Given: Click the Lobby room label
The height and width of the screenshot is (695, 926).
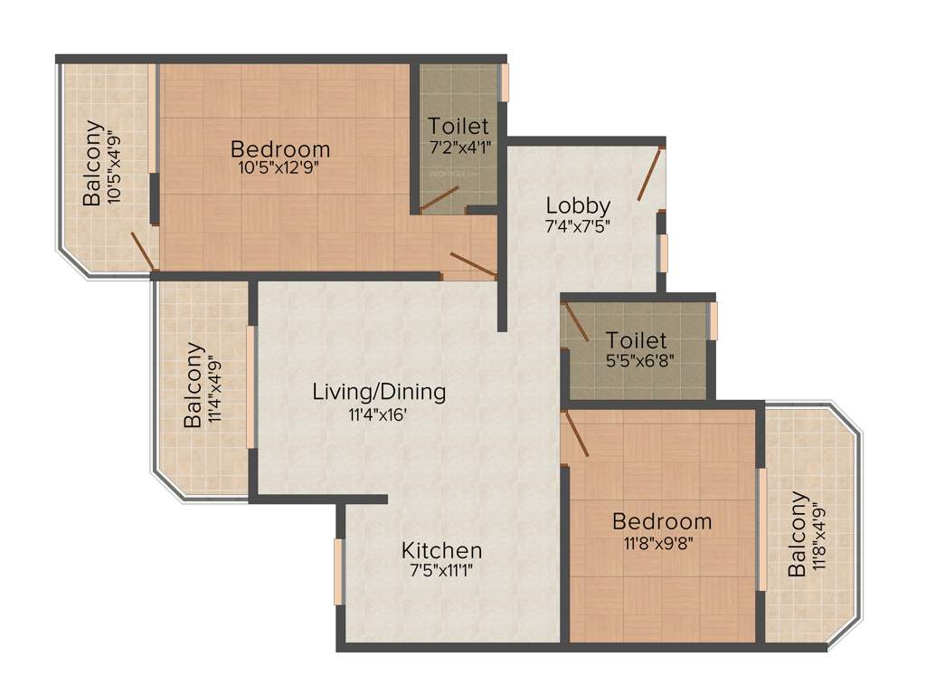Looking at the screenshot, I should [x=578, y=205].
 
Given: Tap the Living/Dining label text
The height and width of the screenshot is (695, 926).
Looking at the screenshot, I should [x=379, y=392].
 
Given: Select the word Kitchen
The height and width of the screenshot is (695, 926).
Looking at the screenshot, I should [x=441, y=550].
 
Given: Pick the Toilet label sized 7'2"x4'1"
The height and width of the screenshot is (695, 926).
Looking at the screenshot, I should [x=458, y=126].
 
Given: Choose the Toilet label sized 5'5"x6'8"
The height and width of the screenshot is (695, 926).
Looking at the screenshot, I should [x=637, y=340].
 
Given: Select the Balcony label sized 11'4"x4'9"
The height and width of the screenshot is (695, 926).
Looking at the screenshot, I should [x=193, y=385].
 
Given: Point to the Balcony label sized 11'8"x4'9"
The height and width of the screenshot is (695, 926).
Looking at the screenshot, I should [x=797, y=534].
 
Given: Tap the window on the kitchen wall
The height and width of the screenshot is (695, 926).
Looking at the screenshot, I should [x=338, y=571].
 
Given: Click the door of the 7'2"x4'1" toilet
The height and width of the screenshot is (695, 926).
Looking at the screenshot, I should [x=439, y=199].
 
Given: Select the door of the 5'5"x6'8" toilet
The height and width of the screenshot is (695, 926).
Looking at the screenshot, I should [x=576, y=322].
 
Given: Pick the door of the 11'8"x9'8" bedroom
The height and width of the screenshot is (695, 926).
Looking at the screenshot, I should [x=575, y=433].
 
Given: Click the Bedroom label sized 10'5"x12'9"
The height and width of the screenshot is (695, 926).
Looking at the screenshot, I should [x=279, y=148].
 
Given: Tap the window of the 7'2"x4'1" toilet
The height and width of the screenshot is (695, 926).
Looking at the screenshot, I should [x=506, y=82].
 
